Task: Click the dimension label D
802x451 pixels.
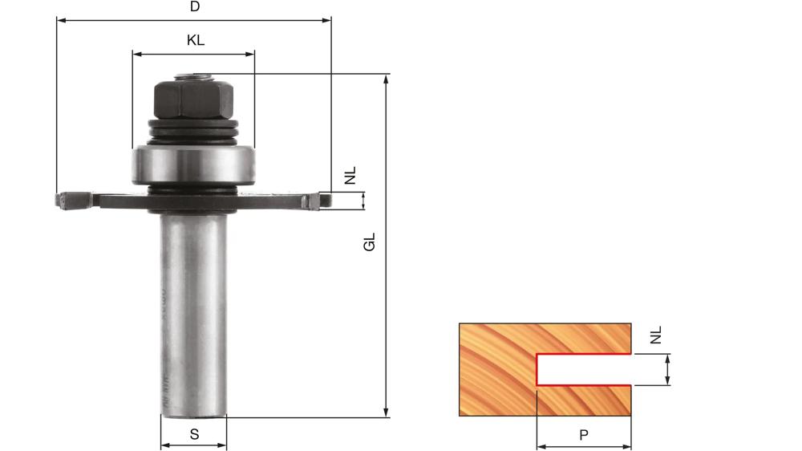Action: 194,7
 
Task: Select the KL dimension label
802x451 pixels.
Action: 195,40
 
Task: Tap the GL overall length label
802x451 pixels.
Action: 370,242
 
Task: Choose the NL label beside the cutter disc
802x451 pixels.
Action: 350,176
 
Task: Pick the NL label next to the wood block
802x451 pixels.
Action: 656,335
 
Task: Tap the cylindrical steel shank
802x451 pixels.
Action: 193,313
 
